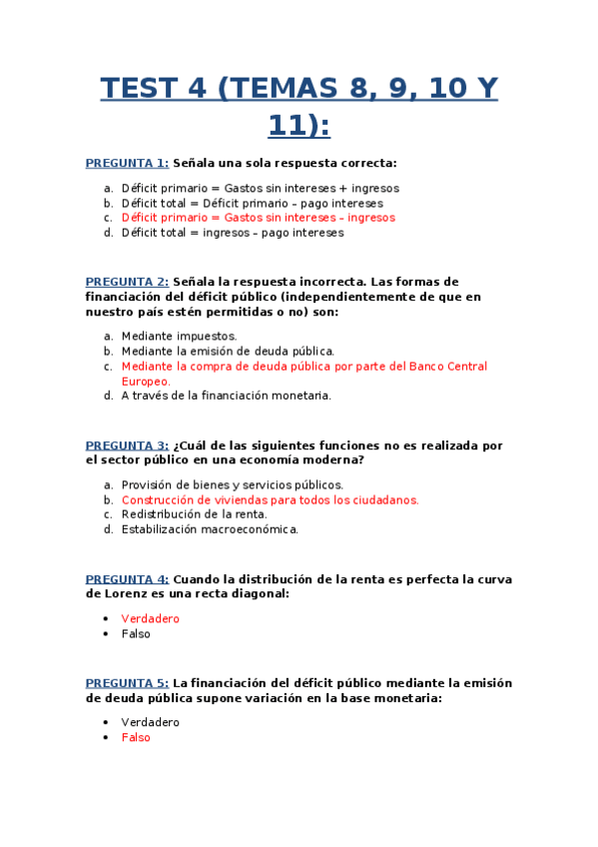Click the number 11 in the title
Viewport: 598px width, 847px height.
click(x=285, y=126)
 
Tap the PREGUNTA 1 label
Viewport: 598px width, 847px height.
click(x=127, y=163)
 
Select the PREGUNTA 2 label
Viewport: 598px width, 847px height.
click(x=127, y=282)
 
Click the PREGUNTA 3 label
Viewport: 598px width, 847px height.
click(x=127, y=445)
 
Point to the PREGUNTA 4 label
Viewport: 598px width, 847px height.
click(x=127, y=579)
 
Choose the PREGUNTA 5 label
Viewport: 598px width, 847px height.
click(x=127, y=683)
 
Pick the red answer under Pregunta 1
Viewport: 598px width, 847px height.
click(x=258, y=218)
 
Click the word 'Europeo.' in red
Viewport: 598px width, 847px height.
click(x=146, y=381)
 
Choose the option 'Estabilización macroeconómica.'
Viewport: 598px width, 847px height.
click(x=210, y=529)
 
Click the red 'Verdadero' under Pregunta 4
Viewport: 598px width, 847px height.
click(x=150, y=619)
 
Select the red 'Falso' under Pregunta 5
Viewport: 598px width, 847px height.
click(x=136, y=737)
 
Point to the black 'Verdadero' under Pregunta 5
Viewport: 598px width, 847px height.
click(x=150, y=722)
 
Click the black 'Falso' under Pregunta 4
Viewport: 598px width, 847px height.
click(x=136, y=634)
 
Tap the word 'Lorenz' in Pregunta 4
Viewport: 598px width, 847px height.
click(x=110, y=594)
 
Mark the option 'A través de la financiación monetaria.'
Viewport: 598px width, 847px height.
click(x=226, y=396)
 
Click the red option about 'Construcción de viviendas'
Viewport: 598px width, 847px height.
click(x=270, y=500)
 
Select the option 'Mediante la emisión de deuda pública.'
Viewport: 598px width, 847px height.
click(x=228, y=352)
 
